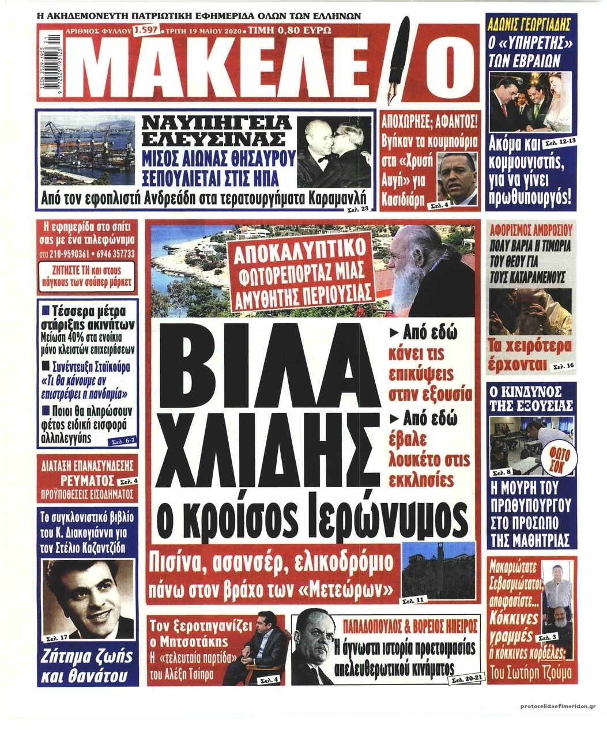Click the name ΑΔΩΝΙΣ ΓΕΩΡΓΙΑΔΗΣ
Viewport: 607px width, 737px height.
tap(529, 25)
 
